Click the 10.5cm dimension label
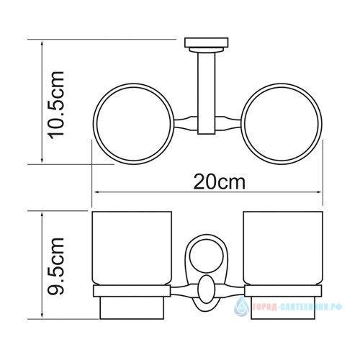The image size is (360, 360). tap(56, 105)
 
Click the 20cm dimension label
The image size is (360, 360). tap(220, 182)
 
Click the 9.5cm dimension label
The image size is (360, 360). tap(56, 266)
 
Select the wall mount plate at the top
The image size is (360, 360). tap(206, 42)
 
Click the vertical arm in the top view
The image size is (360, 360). tap(207, 93)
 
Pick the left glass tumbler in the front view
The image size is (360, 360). tap(132, 248)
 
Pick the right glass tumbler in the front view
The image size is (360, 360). tap(283, 248)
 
